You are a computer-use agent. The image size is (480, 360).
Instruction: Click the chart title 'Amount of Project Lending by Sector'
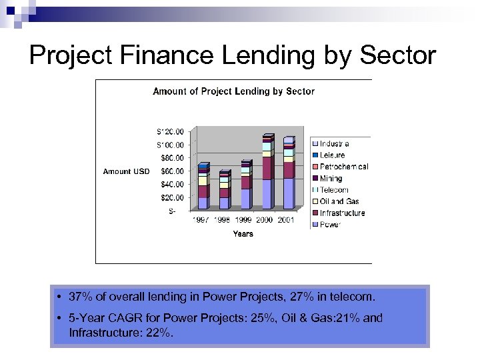tap(233, 91)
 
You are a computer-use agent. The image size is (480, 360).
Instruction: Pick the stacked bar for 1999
tap(245, 185)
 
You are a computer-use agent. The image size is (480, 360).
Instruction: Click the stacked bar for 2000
tap(267, 173)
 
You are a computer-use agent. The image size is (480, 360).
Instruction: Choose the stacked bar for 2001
tap(288, 175)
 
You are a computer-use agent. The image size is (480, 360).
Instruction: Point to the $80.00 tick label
tap(171, 158)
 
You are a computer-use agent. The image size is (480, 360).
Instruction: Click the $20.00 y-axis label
tap(171, 197)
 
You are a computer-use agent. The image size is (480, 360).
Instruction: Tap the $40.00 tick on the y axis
tap(171, 184)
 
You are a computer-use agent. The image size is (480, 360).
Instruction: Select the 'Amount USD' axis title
tap(126, 171)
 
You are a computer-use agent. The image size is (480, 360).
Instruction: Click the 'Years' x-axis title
tap(243, 234)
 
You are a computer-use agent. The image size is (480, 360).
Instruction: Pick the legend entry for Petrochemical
tap(343, 167)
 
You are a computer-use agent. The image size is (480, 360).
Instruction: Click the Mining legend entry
tap(331, 178)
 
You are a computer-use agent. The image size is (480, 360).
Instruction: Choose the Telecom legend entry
tap(333, 190)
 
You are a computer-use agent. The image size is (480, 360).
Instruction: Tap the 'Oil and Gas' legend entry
tap(339, 201)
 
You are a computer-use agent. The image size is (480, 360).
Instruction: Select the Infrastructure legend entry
tap(341, 213)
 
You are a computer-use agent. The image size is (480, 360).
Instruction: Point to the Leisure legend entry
tap(332, 155)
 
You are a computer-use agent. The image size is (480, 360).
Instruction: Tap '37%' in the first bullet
tap(79, 296)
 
